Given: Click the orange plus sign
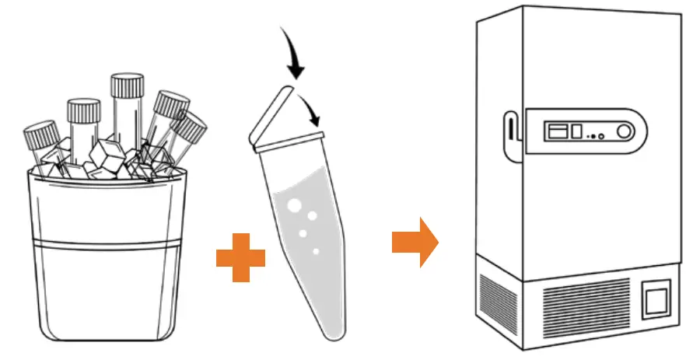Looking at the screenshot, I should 240,257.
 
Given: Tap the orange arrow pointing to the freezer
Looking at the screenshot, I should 415,242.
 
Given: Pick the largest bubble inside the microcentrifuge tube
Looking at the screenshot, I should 295,206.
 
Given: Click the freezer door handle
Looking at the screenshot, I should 509,135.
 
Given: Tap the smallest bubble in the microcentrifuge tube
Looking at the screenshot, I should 315,251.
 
